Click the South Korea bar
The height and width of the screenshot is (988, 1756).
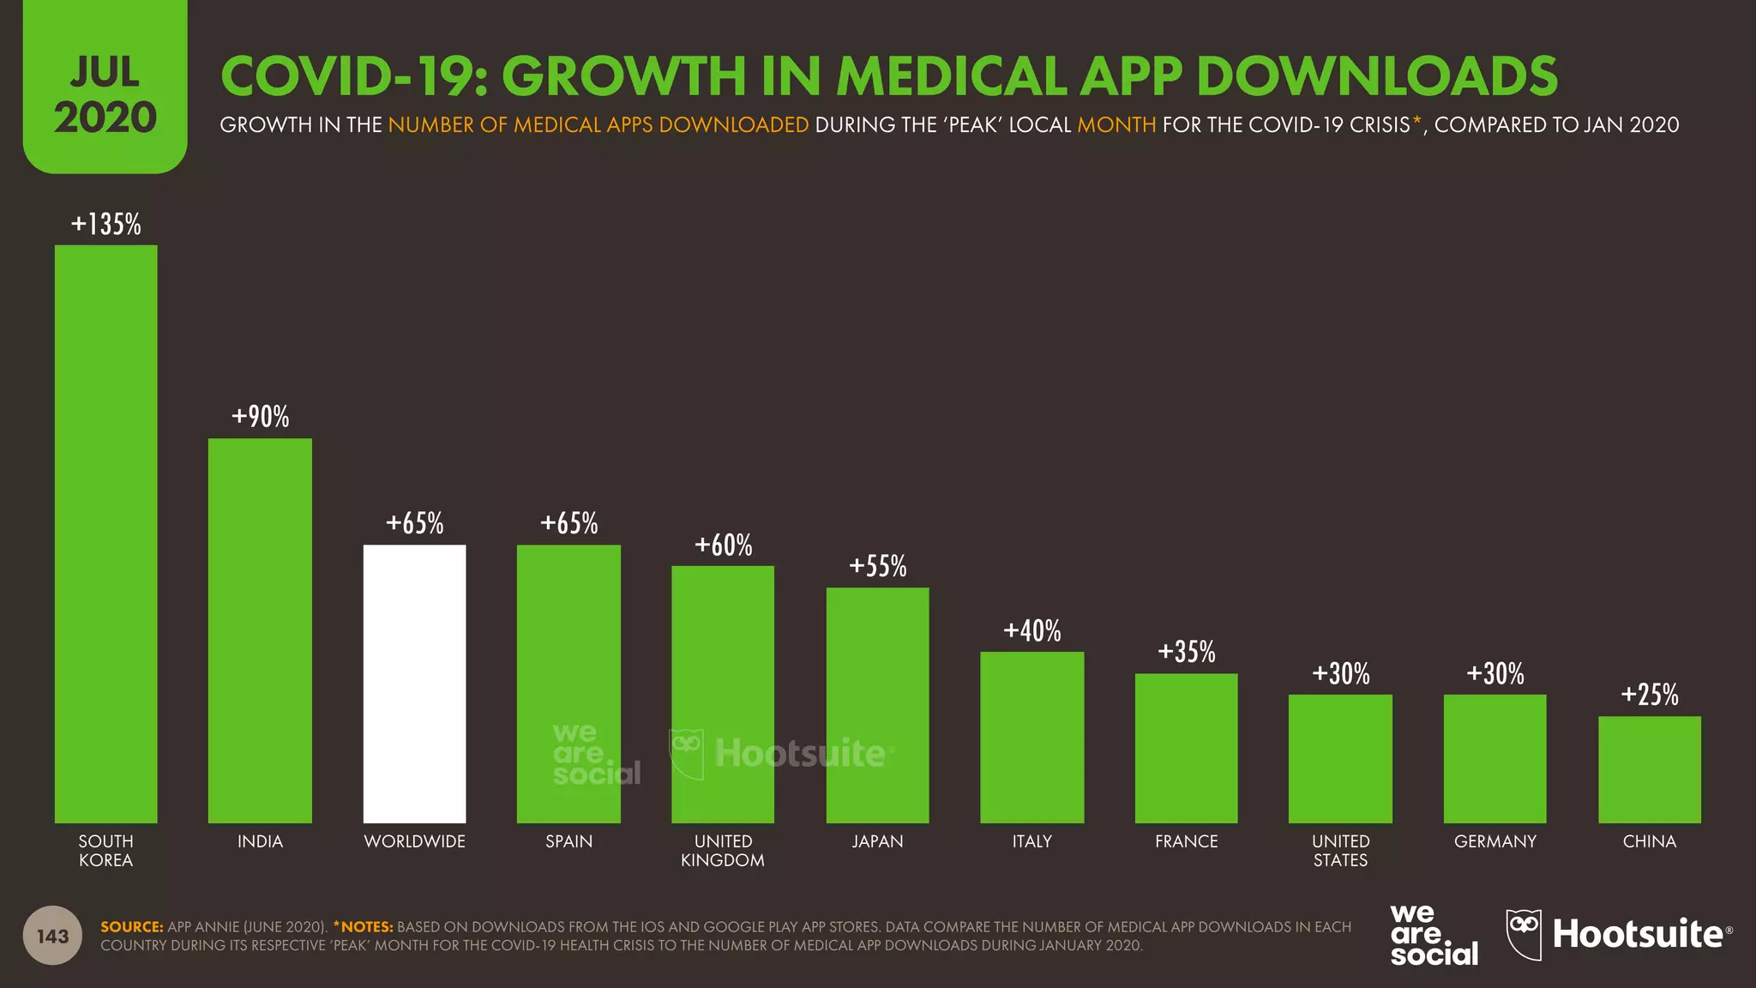click(105, 533)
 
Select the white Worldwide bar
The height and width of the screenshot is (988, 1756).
click(414, 684)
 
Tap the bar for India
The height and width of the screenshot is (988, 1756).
click(260, 630)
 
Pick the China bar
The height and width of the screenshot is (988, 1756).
click(1649, 769)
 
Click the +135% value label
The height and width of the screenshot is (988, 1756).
click(105, 224)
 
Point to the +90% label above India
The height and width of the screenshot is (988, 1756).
click(260, 417)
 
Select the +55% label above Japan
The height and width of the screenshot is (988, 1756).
click(877, 566)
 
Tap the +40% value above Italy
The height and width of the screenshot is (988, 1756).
click(1031, 631)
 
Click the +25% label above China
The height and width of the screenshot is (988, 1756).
click(1649, 695)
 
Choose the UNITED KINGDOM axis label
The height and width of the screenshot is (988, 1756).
click(723, 851)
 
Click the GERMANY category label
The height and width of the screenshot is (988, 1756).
click(1494, 841)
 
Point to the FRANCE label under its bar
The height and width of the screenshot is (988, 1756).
click(1186, 841)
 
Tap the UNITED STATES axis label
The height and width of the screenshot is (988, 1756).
click(1340, 851)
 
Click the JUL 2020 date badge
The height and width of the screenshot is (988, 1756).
click(105, 94)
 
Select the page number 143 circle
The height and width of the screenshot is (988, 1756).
click(52, 936)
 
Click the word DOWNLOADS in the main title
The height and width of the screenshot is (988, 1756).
click(1376, 76)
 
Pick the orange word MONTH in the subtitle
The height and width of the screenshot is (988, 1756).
click(1116, 125)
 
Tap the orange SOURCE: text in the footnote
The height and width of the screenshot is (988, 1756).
click(131, 927)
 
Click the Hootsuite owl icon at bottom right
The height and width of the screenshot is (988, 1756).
click(1523, 933)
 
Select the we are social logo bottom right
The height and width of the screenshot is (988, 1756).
click(1433, 935)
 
